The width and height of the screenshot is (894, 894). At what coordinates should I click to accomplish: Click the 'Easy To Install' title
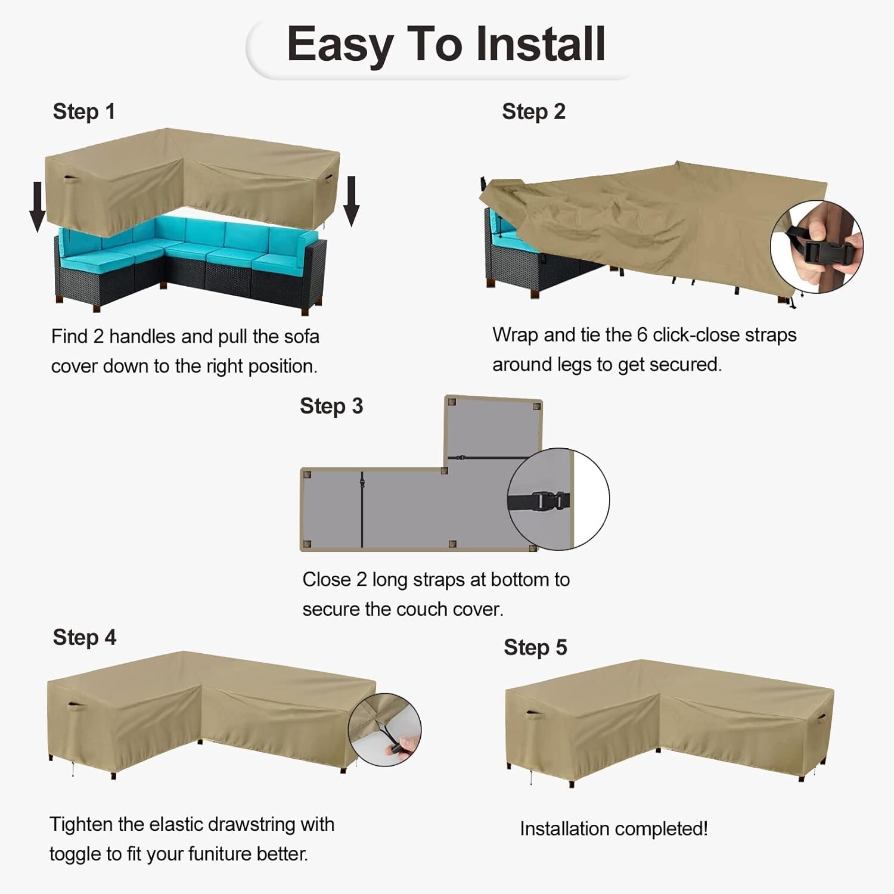pyautogui.click(x=446, y=45)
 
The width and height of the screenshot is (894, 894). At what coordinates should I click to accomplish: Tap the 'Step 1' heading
pyautogui.click(x=84, y=111)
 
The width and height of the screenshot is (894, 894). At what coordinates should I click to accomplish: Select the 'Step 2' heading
pyautogui.click(x=533, y=111)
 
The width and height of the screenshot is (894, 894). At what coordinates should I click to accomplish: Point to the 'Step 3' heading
pyautogui.click(x=331, y=406)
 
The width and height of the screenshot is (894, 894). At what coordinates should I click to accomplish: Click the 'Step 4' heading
pyautogui.click(x=85, y=637)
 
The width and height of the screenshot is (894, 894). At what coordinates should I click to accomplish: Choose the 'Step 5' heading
pyautogui.click(x=535, y=647)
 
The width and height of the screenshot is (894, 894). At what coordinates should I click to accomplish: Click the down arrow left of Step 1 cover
pyautogui.click(x=38, y=206)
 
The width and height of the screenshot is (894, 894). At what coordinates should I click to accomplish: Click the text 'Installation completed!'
pyautogui.click(x=613, y=828)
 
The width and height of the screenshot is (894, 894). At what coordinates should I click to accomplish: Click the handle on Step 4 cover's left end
pyautogui.click(x=77, y=707)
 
